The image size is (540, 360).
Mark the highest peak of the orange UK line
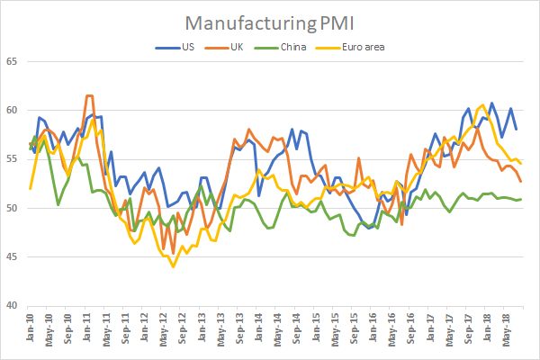coord(88,95)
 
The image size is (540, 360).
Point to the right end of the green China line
coord(522,199)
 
